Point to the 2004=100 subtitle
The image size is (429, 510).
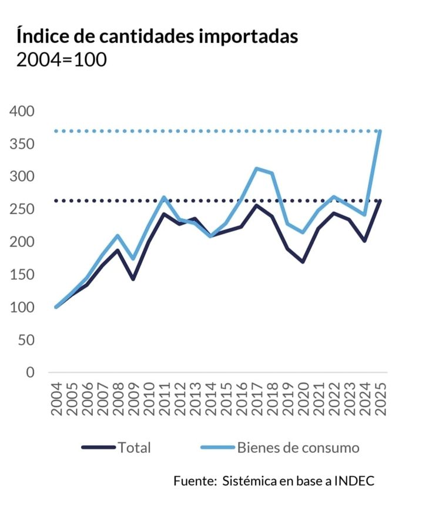click(x=62, y=60)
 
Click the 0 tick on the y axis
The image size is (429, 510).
click(x=30, y=372)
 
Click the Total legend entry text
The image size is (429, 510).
click(x=134, y=448)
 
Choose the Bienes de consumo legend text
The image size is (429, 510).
click(x=298, y=448)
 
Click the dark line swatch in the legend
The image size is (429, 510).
click(x=98, y=448)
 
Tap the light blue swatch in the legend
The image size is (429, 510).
click(x=217, y=448)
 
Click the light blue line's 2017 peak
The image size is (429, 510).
click(x=257, y=169)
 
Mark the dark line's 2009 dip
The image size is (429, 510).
click(x=133, y=278)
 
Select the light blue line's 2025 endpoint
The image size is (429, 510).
click(x=380, y=131)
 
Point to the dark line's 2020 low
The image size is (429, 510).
click(x=303, y=261)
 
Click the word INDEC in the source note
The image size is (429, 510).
click(x=354, y=481)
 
